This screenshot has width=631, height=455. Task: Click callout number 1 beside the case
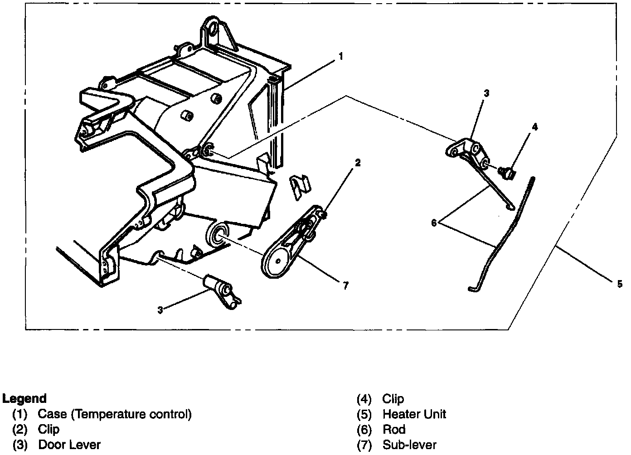coord(340,57)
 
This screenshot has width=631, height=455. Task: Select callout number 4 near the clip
coord(535,127)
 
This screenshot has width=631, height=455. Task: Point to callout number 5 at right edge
coord(620,284)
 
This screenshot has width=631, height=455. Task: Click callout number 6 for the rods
coord(434,223)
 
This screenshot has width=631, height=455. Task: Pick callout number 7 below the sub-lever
coord(346,286)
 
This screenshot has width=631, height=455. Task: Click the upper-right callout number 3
coord(486,94)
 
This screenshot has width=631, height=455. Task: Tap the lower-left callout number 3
coord(160,310)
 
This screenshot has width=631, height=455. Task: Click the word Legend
coord(24,399)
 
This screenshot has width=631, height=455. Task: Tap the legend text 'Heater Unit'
coord(414,414)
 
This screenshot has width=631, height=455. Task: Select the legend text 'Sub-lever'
coord(409,445)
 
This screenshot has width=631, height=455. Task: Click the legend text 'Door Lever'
coord(69,445)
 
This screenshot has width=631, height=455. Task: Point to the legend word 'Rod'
coord(394,430)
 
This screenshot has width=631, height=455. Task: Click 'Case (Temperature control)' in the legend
coord(115,414)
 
